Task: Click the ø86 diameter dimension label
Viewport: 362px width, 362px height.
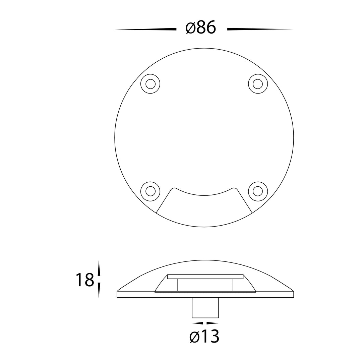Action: (x=201, y=28)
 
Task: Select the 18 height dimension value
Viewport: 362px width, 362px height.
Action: (x=85, y=280)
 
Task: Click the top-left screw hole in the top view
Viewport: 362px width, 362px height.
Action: (x=150, y=84)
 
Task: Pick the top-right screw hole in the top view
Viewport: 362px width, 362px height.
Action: (x=258, y=84)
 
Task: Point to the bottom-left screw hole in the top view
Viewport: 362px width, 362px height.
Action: (x=150, y=191)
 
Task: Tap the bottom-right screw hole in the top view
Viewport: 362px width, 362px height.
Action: (x=258, y=191)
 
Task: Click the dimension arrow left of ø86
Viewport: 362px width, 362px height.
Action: (x=146, y=29)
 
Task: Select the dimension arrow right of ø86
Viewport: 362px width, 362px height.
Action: (x=260, y=29)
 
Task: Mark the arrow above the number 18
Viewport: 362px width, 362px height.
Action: (x=99, y=268)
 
